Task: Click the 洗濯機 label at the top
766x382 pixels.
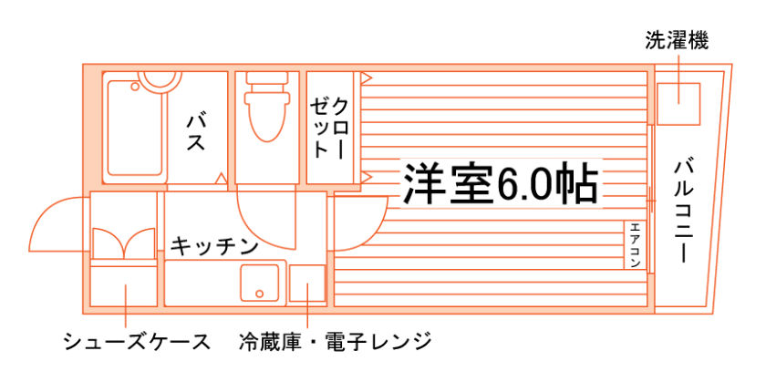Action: point(677,39)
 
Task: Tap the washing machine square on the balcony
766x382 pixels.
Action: point(677,102)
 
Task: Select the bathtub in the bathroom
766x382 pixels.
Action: point(136,128)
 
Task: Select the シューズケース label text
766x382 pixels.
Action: point(137,342)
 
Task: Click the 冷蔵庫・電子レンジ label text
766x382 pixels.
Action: point(335,342)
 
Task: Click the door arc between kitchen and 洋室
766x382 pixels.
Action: point(360,223)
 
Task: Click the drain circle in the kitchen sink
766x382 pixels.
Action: point(260,294)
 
